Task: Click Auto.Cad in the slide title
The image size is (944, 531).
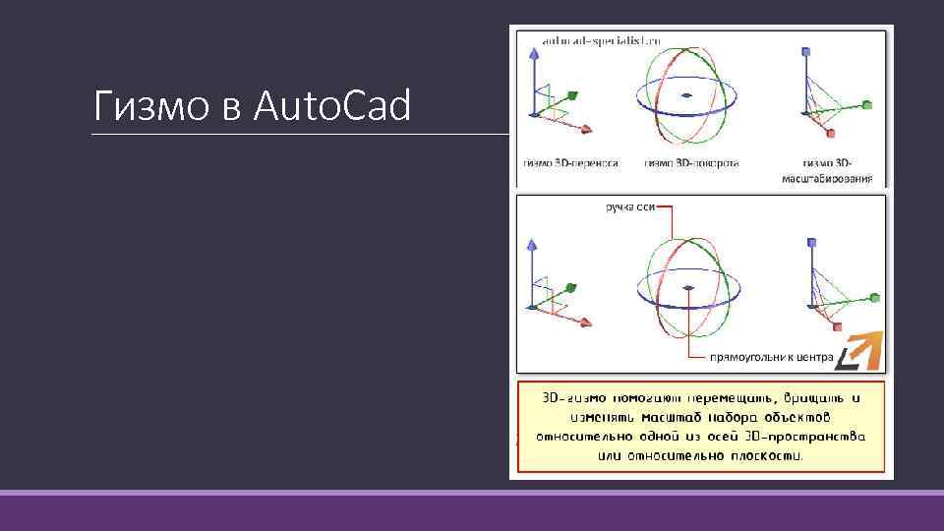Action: [331, 105]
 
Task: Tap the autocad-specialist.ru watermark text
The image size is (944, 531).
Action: [601, 40]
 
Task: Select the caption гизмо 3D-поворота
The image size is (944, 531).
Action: [691, 163]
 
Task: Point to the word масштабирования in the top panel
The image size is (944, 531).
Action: [827, 179]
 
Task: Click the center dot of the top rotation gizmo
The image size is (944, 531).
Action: [687, 95]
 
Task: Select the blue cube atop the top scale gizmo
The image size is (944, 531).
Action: [806, 50]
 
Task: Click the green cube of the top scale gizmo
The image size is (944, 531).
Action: [866, 104]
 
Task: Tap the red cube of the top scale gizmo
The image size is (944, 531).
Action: [831, 133]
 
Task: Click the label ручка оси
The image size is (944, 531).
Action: [628, 207]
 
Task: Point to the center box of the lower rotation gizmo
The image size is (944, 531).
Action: [688, 288]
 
